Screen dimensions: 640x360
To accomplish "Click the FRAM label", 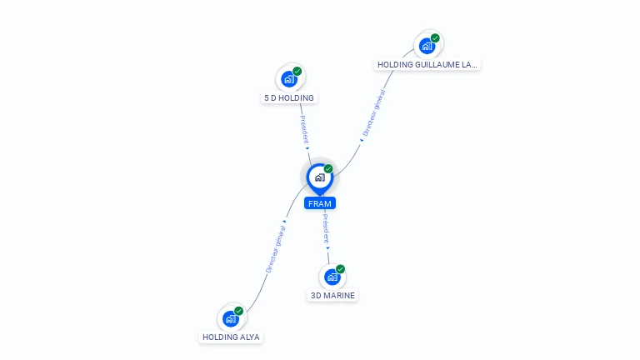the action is coord(320,203).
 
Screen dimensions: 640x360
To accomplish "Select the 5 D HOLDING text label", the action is coord(289,97).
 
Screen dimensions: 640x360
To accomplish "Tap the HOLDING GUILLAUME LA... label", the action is coord(428,64).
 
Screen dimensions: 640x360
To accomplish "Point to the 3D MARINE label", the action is coord(332,295).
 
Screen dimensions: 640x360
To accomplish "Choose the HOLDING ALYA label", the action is coord(231,337).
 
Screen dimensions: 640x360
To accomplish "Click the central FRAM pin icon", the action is coord(319,177).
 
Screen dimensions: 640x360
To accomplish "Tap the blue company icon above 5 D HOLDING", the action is coord(288,79).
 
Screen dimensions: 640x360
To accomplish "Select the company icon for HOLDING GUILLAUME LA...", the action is coord(427,46).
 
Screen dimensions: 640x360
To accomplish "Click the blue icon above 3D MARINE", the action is coord(332,277).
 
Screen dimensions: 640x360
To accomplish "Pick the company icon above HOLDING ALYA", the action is coord(230,318).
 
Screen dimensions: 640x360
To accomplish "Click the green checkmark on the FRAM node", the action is coord(328,169).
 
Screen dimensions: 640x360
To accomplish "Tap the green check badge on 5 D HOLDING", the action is coord(297,71).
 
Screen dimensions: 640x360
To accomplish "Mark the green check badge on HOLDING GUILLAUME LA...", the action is coord(435,38).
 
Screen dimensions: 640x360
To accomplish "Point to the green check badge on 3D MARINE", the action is coord(340,269).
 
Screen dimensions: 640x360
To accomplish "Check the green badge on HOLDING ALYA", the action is coord(238,311).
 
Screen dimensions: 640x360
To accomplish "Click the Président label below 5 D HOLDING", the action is coord(304,128).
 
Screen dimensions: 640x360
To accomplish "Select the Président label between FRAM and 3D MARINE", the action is coord(326,227).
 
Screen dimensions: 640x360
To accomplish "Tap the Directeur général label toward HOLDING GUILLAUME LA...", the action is coord(372,112).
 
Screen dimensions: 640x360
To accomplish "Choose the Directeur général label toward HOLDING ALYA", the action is coord(275,248).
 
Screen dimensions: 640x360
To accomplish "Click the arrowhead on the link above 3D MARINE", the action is coord(327,247).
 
